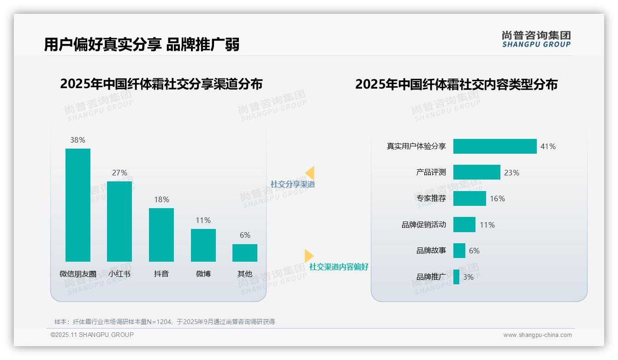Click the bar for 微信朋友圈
tap(78, 205)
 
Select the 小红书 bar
tap(119, 222)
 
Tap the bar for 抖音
tap(161, 235)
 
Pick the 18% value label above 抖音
tap(161, 199)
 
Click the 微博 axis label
tap(203, 274)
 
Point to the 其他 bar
tap(245, 253)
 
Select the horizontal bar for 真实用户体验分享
tap(495, 146)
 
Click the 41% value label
tap(548, 146)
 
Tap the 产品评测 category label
tap(431, 172)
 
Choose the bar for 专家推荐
tap(469, 198)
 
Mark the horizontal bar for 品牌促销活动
tap(464, 225)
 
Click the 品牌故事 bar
tap(459, 251)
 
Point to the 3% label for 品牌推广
tap(468, 277)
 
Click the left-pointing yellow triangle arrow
tap(310, 173)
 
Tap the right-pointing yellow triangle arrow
tap(309, 256)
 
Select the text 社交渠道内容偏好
tap(339, 267)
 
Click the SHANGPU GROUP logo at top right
tap(536, 39)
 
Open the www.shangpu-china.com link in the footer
tap(537, 335)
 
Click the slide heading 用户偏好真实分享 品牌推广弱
tap(142, 45)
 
